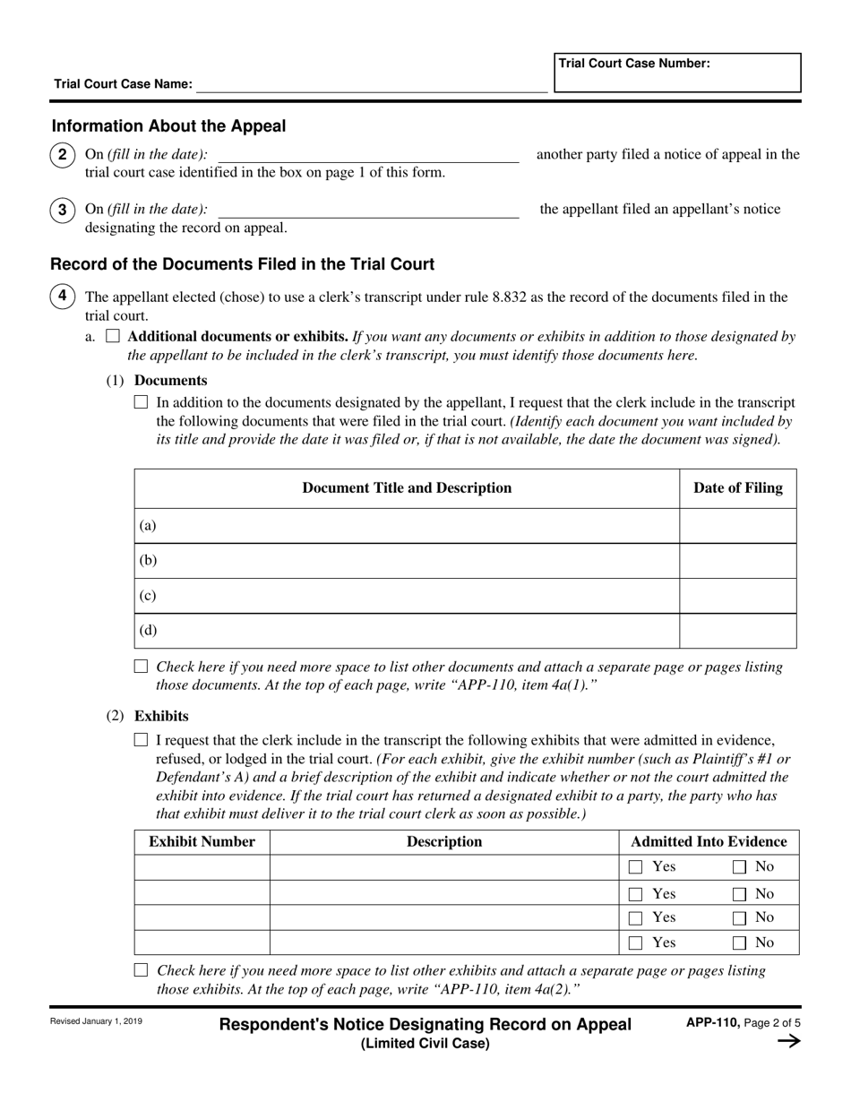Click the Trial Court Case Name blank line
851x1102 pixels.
371,84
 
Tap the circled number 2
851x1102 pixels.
62,155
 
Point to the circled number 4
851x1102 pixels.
62,296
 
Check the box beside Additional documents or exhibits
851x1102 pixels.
113,337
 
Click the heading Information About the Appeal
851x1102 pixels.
168,126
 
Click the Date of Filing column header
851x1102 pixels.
737,488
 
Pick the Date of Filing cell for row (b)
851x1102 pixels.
737,561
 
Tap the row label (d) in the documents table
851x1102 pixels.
148,631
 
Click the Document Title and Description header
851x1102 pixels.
407,488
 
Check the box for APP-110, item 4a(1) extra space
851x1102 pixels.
141,667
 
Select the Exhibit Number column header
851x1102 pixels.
202,842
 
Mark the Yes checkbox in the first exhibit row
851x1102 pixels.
636,867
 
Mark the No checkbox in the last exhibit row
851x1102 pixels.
740,943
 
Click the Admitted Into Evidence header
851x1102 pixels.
709,842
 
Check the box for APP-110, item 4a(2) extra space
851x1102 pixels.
141,970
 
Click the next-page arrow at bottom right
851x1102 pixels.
788,1041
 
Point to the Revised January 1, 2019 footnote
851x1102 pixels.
96,1021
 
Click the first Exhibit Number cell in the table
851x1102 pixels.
202,867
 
